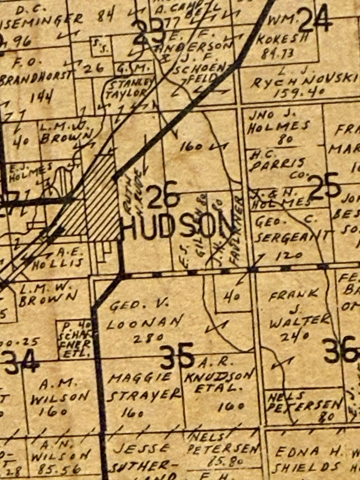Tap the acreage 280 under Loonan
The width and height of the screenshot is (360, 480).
pos(148,338)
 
